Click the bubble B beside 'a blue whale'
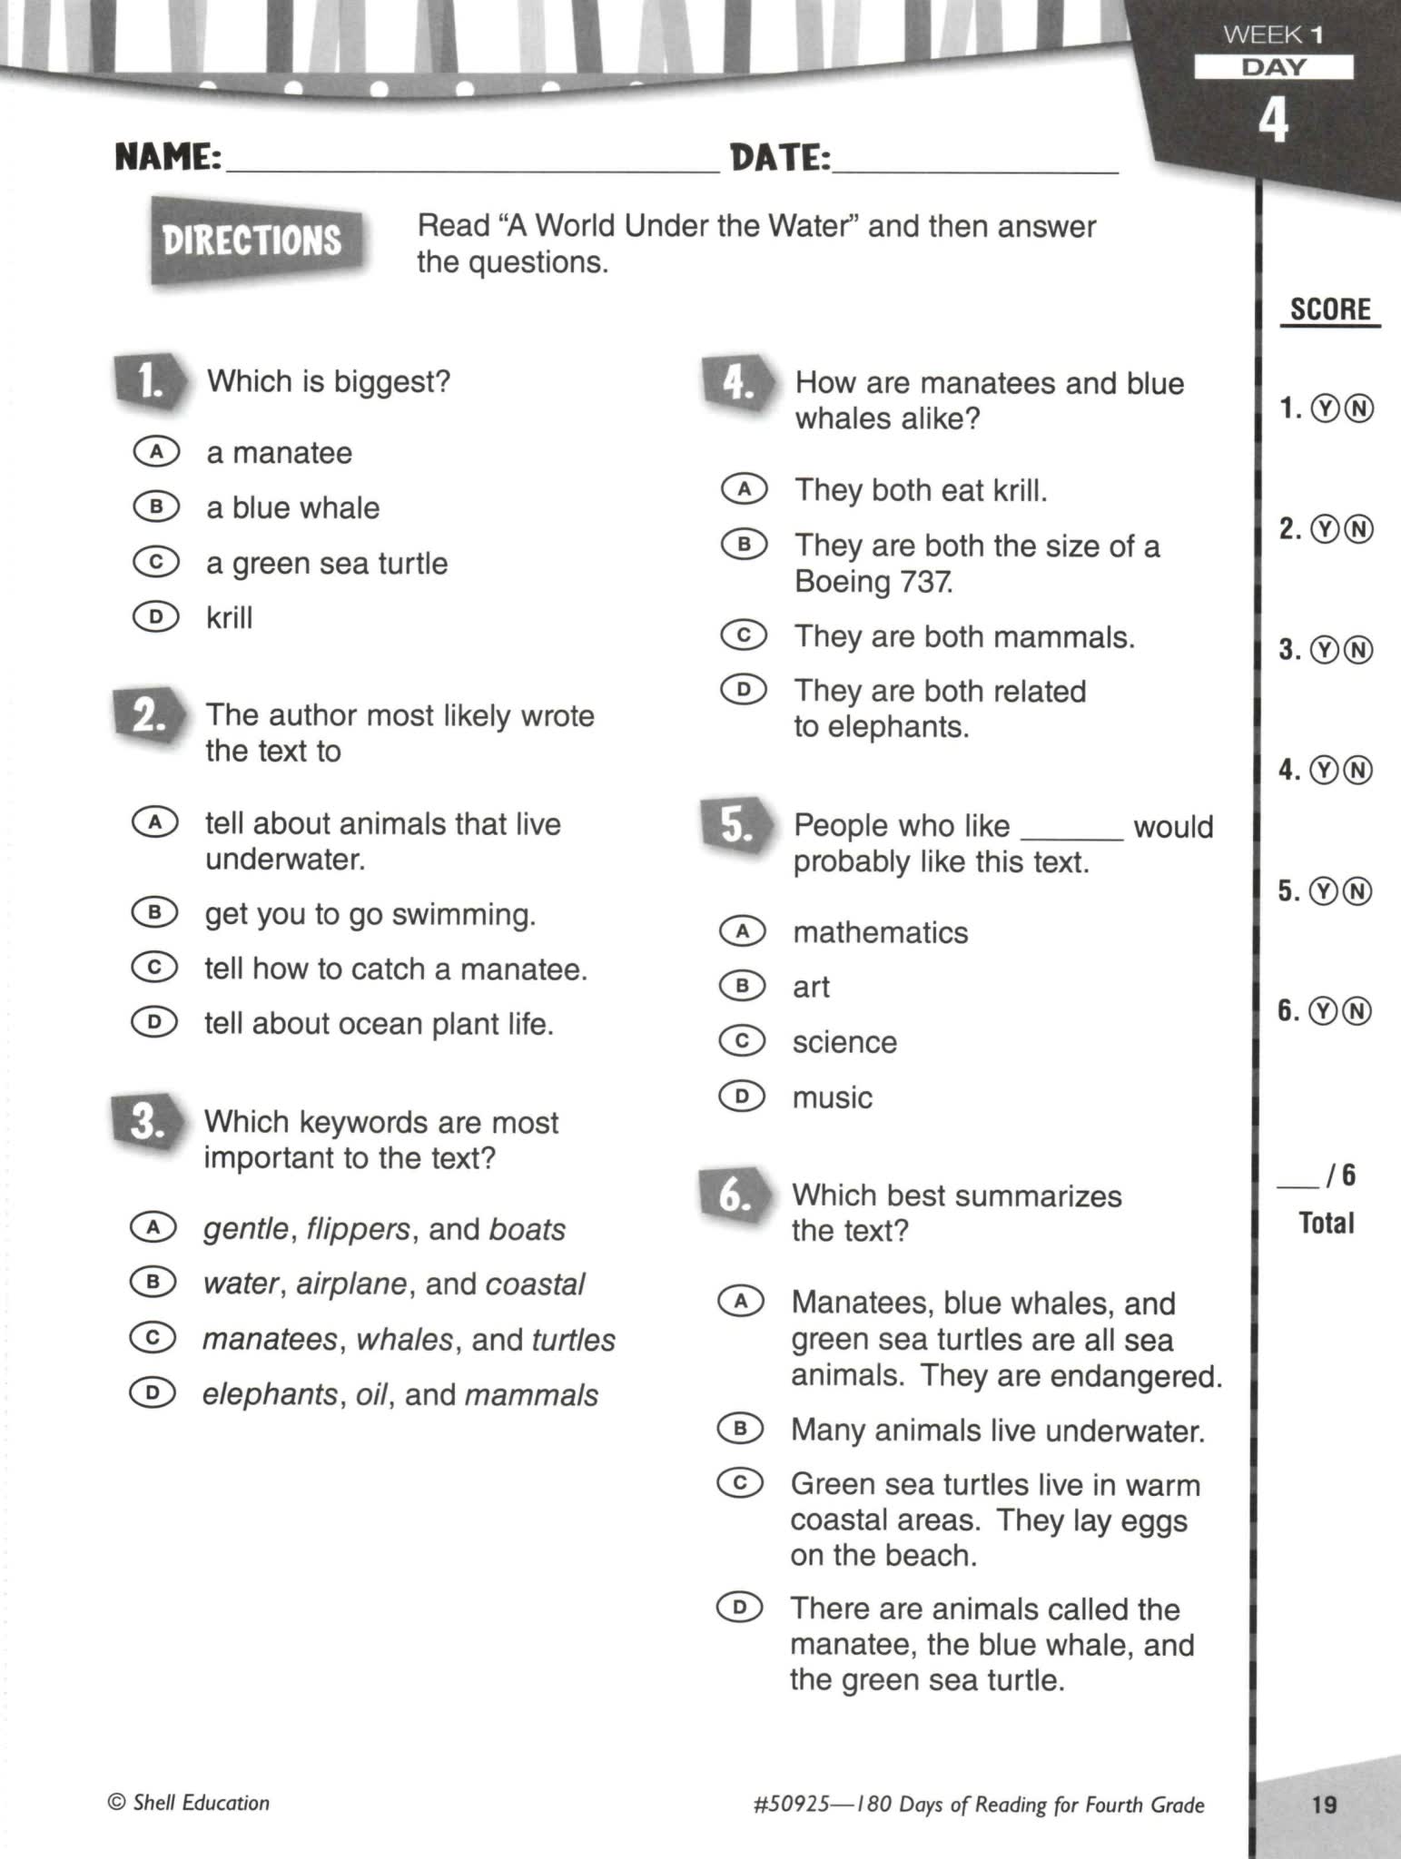click(x=156, y=506)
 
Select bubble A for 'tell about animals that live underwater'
click(x=154, y=822)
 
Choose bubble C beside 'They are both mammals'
click(x=744, y=634)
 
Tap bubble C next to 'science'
click(x=742, y=1040)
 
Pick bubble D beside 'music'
click(x=742, y=1096)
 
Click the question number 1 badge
click(x=149, y=381)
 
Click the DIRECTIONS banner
click(x=253, y=241)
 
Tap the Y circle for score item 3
click(x=1327, y=650)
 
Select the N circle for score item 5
click(x=1357, y=891)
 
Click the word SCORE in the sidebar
click(x=1330, y=310)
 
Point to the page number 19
click(x=1325, y=1804)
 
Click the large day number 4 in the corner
click(x=1273, y=121)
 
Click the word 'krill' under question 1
click(x=229, y=617)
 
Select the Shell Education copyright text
click(x=189, y=1803)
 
